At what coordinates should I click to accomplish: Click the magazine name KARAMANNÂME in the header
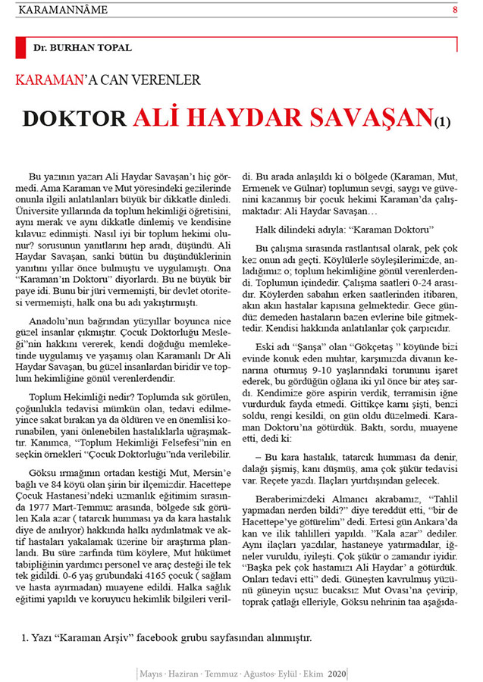pyautogui.click(x=62, y=10)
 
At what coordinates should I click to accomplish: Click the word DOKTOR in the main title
pyautogui.click(x=74, y=118)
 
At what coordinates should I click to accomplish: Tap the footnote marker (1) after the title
pyautogui.click(x=442, y=121)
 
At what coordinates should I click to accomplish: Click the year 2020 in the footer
pyautogui.click(x=337, y=673)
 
